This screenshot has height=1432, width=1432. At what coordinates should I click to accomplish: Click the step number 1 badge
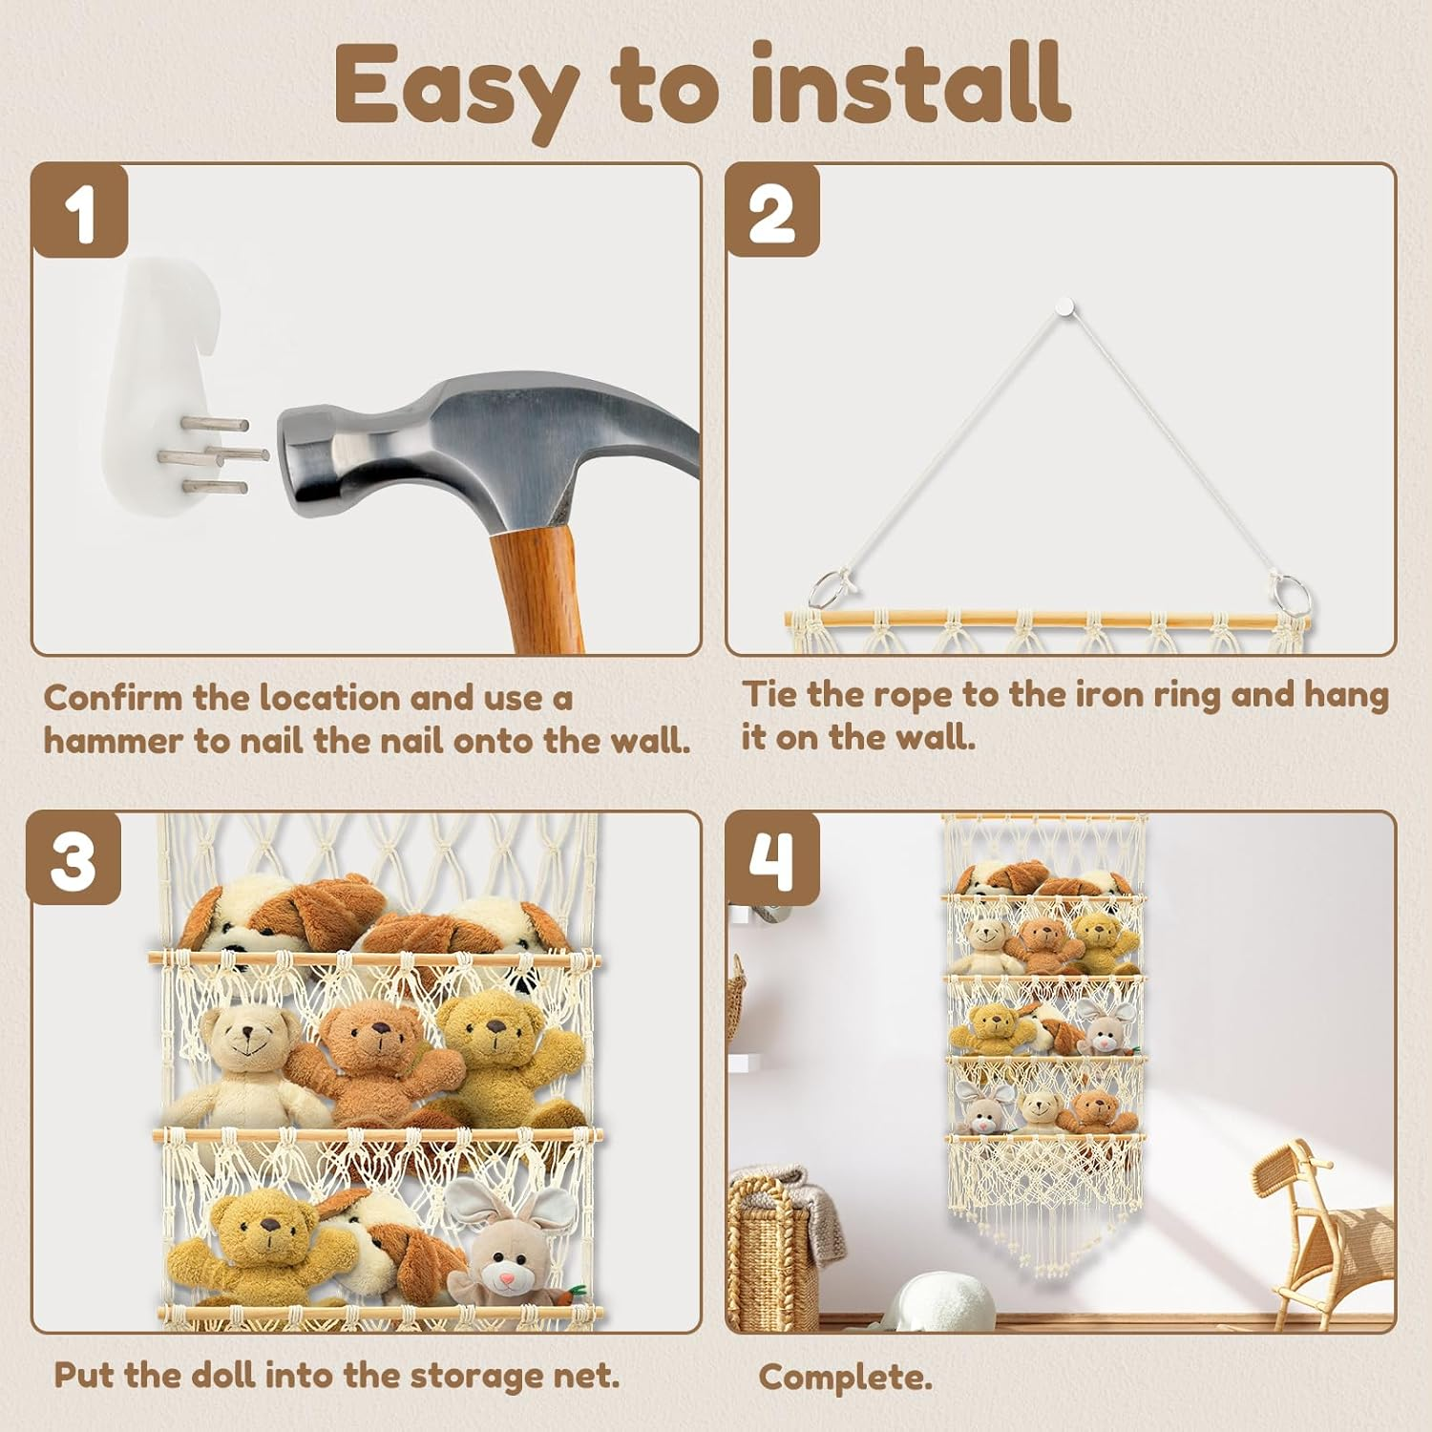click(x=80, y=211)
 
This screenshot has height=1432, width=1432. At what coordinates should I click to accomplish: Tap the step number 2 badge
click(x=772, y=211)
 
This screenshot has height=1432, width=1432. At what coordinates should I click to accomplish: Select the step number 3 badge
click(x=74, y=858)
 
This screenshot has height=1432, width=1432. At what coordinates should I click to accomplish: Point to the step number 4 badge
click(x=772, y=858)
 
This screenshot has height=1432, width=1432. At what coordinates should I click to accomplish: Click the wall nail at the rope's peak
click(x=1065, y=307)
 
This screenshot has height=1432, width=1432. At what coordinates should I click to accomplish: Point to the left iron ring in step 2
click(x=828, y=590)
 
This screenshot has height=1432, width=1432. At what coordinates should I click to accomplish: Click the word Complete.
click(x=845, y=1378)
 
